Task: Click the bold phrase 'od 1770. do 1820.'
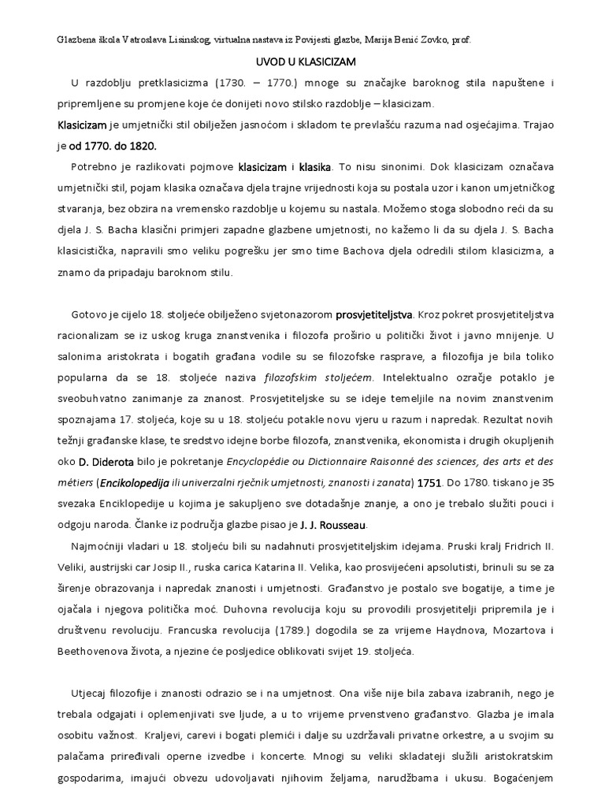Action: pos(113,146)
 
